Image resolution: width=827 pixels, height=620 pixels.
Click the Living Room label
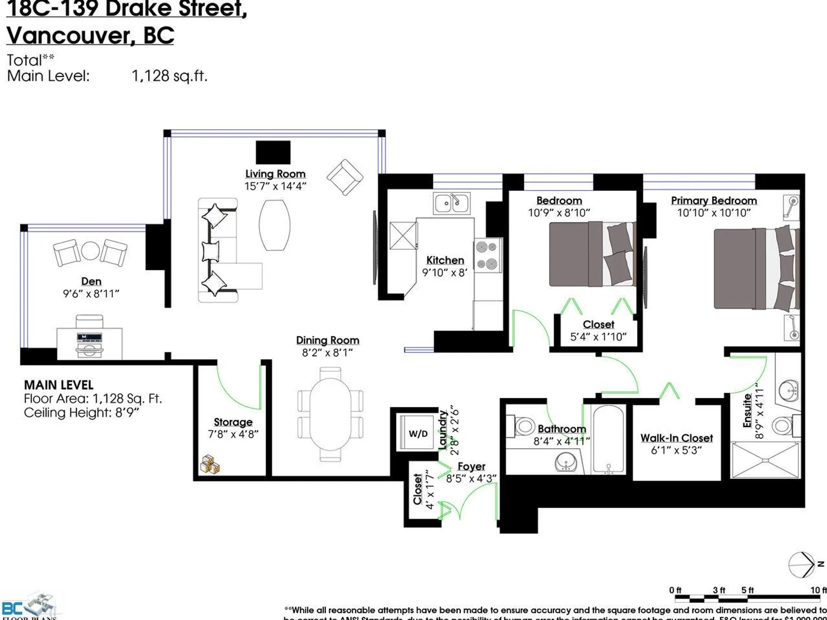coord(275,174)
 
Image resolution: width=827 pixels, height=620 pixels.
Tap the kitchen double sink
coord(451,203)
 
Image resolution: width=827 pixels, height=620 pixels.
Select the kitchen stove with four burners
coord(488,255)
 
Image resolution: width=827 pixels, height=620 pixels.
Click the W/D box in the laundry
coord(418,433)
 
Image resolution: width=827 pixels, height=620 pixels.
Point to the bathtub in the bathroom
coord(608,439)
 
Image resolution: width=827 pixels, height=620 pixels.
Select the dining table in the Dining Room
coord(330,414)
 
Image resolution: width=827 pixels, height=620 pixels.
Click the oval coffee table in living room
coord(274,225)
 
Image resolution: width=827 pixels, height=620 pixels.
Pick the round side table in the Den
coord(90,251)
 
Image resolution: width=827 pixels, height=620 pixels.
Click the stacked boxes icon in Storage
coord(210,465)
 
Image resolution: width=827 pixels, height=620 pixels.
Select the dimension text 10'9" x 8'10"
coord(559,213)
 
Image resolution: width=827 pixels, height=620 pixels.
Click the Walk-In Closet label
coord(676,438)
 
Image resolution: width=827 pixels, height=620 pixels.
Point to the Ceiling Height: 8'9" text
coord(81,412)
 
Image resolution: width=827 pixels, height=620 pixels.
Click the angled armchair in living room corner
coord(345,177)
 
